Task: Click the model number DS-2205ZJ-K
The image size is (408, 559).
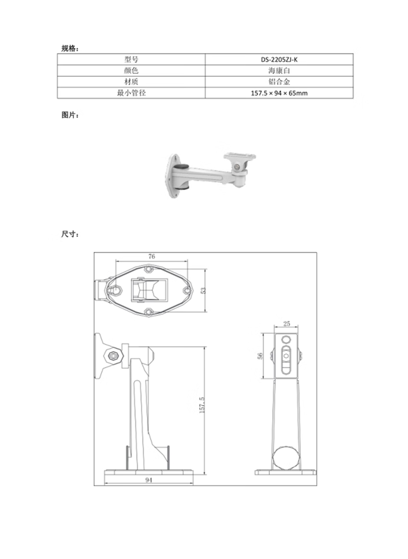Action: (279, 59)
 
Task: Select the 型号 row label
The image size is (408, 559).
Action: (131, 59)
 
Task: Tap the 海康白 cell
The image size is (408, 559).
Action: (279, 71)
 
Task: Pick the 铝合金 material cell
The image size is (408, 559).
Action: (279, 82)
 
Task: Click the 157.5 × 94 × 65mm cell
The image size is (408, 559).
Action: (279, 93)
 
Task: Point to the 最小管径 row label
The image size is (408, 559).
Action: (131, 93)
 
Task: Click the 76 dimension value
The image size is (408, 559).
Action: (151, 256)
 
